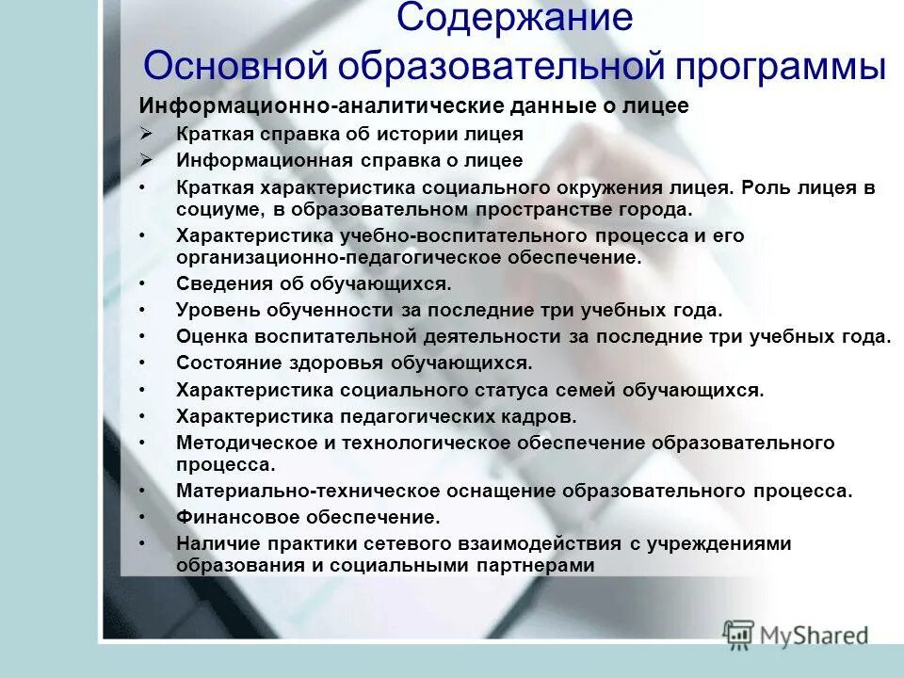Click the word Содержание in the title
[514, 19]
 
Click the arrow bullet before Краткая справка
[146, 134]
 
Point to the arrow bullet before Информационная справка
[146, 160]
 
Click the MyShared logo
[796, 634]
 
